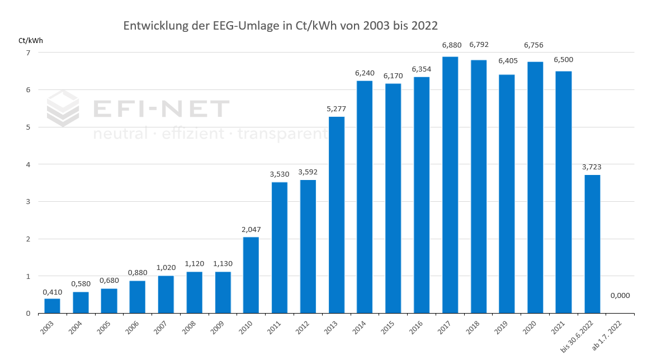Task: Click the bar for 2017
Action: (x=450, y=184)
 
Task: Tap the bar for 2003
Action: (x=52, y=306)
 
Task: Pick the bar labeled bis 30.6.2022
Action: (x=592, y=244)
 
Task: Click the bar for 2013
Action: (x=336, y=215)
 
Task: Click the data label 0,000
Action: (x=620, y=295)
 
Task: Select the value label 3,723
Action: (x=592, y=167)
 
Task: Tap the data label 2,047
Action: (x=251, y=229)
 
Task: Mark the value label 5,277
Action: (x=336, y=108)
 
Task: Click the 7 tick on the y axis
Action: (x=27, y=53)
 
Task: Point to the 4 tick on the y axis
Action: (x=27, y=164)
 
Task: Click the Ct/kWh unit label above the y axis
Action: (x=31, y=40)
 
